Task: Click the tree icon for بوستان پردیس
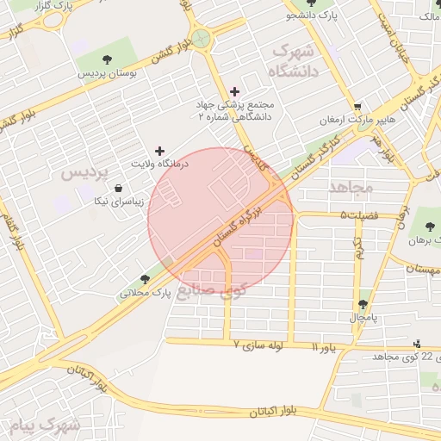107,59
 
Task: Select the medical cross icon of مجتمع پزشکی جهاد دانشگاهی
235,91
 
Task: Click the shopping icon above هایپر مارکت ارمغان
357,106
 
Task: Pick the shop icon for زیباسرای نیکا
118,189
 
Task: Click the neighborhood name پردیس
85,172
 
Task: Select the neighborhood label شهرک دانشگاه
295,62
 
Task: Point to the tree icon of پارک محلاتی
144,278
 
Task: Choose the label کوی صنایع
211,291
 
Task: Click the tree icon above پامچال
363,304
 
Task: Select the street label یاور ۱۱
328,347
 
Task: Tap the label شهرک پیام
45,425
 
